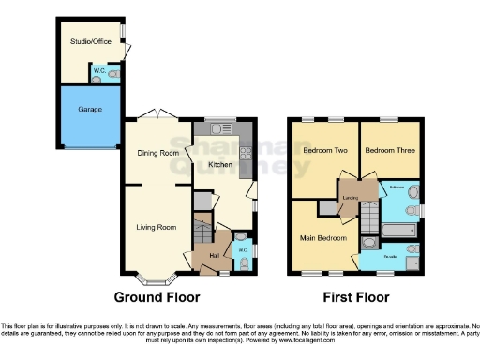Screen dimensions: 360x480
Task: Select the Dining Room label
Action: [x=157, y=152]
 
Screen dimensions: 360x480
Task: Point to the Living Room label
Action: [x=157, y=227]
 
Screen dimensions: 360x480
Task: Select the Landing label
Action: [x=350, y=198]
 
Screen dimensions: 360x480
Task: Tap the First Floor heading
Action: [x=357, y=298]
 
